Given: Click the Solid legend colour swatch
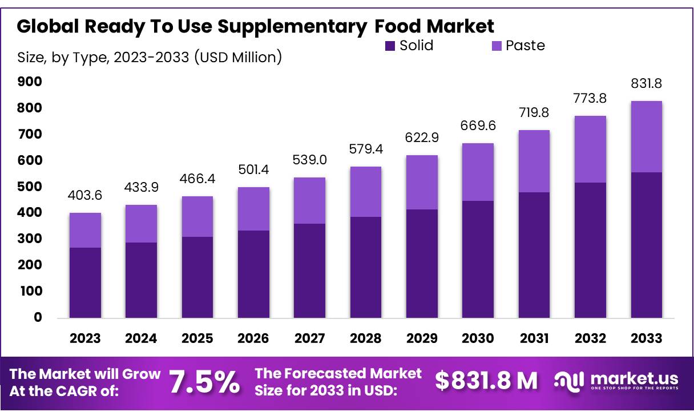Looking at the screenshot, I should [x=390, y=46].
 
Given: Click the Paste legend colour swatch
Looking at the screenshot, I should [x=497, y=46].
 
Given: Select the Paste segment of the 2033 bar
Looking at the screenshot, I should [x=646, y=137].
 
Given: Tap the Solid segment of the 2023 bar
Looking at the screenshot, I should [x=85, y=282].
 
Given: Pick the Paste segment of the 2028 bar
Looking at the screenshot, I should [x=366, y=192].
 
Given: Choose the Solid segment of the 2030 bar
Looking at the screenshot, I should [x=478, y=259].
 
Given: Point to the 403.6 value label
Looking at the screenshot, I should [x=85, y=195].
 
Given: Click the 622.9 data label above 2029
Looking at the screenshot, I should [x=422, y=137].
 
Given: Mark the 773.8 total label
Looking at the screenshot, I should [x=590, y=98].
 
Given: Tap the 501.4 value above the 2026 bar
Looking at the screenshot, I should [x=253, y=169].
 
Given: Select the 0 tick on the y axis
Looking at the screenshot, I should [x=38, y=317].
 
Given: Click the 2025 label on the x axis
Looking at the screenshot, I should [x=197, y=338].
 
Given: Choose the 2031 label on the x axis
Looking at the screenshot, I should [x=534, y=338].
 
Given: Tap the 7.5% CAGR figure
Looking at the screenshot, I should [x=205, y=383].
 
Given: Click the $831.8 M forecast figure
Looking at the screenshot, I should [x=486, y=381].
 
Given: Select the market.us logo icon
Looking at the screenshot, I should [x=568, y=381].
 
